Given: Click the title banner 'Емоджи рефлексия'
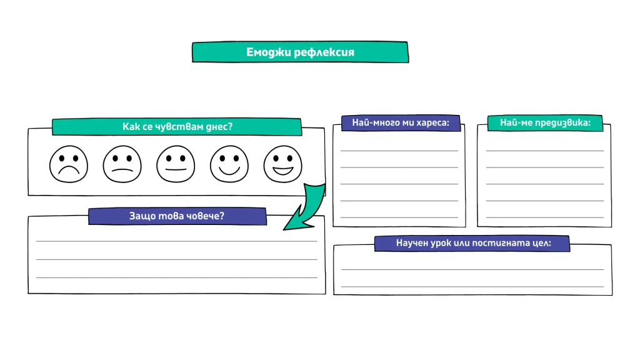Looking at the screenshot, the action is [301, 52].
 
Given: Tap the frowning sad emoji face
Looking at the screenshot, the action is [69, 164].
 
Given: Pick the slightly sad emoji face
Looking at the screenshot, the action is [122, 164].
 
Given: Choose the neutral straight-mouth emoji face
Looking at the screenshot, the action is [176, 164].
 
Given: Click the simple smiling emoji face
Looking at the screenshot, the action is [229, 164].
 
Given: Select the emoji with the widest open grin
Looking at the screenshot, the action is [282, 164].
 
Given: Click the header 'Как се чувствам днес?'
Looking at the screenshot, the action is [177, 126].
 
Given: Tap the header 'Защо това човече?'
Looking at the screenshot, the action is [177, 216].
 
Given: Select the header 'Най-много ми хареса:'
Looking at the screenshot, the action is [401, 123].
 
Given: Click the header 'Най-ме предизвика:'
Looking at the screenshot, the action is [545, 123].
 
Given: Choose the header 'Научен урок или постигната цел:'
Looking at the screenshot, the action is [472, 243].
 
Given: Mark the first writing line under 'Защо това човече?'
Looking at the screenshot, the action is [177, 241].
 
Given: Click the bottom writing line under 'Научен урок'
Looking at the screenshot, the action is [472, 286].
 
